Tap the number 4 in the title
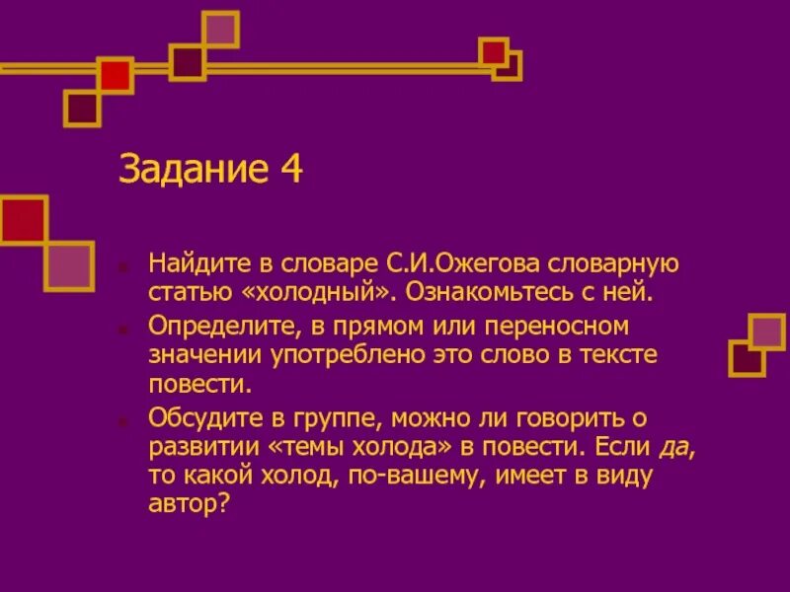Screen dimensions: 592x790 290,169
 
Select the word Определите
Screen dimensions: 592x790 214,326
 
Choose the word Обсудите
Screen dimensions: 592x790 198,419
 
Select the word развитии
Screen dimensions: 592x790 202,447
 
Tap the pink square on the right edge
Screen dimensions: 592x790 767,333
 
